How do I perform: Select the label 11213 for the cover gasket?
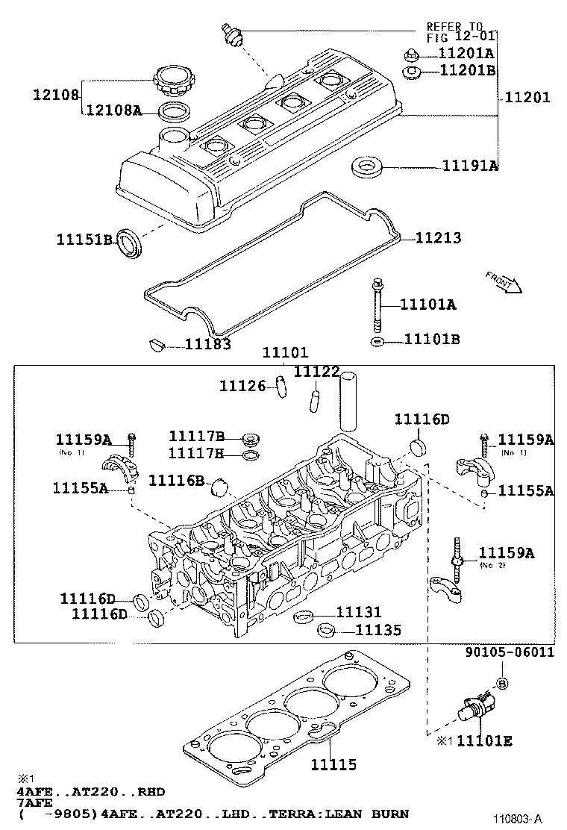(438, 238)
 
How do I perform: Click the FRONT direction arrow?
(501, 283)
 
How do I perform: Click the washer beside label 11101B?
(378, 341)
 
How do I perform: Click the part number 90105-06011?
(510, 652)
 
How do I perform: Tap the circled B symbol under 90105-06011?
(501, 682)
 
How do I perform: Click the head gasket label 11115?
(333, 764)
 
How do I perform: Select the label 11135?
(378, 631)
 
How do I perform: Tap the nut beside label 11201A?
(410, 54)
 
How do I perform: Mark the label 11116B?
(176, 480)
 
